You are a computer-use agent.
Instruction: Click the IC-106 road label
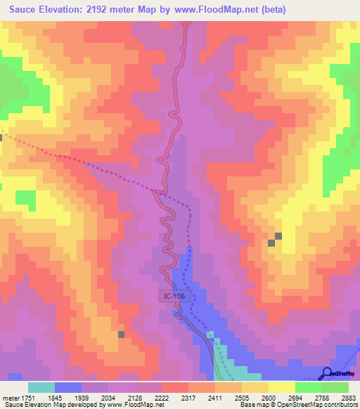(175, 297)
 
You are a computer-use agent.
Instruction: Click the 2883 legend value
(348, 397)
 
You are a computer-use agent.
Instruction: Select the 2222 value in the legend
(162, 397)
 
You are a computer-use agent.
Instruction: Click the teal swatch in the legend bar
(41, 387)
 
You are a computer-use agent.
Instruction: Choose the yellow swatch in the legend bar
(281, 387)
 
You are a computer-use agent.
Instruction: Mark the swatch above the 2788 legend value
(308, 387)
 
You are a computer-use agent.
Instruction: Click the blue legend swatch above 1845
(68, 387)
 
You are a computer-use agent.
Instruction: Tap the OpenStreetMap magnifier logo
(327, 372)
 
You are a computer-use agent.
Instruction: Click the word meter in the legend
(9, 397)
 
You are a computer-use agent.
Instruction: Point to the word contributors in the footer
(340, 405)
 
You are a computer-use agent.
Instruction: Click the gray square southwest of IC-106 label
(121, 335)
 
